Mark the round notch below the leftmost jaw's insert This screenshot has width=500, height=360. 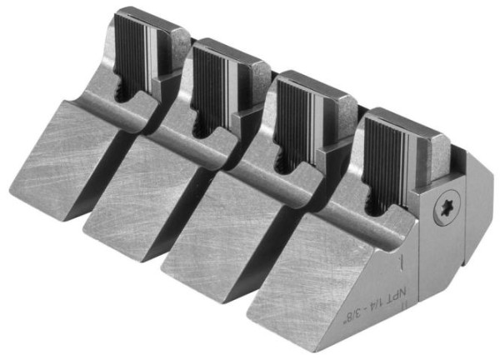coord(122,93)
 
